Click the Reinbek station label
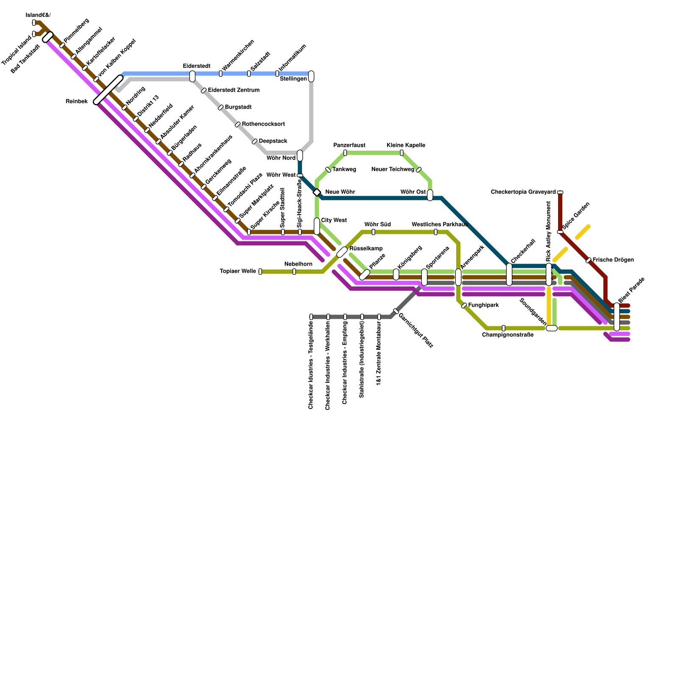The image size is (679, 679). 76,101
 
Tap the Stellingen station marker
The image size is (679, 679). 311,76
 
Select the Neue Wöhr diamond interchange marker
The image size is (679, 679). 317,193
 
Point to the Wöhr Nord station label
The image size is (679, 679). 281,158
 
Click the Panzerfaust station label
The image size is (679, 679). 349,146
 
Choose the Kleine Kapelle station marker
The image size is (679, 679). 401,153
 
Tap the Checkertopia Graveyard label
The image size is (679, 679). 523,192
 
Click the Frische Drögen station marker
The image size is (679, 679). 588,260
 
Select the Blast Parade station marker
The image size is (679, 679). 617,317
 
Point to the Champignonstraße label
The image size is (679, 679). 508,335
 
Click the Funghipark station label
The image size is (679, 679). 483,305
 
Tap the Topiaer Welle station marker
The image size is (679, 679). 260,272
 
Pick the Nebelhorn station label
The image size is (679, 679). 298,264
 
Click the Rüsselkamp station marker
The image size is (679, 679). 342,252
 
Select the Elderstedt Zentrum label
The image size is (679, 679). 233,90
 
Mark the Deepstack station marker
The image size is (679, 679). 255,141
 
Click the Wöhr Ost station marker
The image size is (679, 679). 430,195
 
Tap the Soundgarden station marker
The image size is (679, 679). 551,328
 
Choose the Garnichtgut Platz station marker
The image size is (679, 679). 396,311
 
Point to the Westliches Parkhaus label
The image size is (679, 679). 439,224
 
